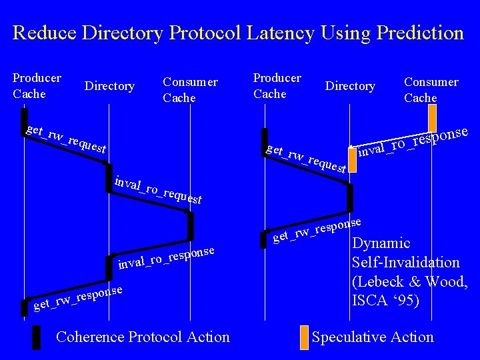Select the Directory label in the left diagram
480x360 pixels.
[109, 86]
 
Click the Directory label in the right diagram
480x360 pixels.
[350, 86]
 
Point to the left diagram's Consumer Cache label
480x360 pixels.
[190, 90]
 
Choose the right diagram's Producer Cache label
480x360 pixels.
[277, 86]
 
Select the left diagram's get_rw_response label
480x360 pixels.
[78, 299]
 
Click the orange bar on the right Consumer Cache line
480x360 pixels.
[432, 119]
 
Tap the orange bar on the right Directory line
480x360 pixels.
[353, 160]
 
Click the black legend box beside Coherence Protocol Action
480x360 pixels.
[37, 337]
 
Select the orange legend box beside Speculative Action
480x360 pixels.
[304, 337]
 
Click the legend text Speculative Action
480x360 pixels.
[373, 337]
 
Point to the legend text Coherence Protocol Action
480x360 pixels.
[143, 337]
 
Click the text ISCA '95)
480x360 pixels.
[385, 301]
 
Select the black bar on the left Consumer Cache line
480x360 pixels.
[191, 225]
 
